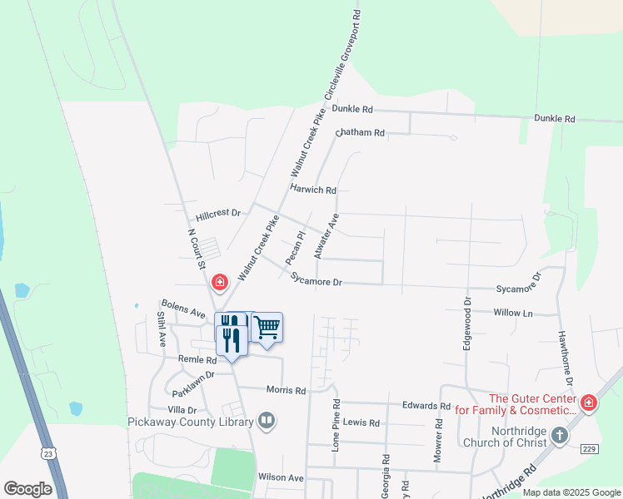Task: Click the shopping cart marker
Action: (267, 327)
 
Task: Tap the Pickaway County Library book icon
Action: (267, 421)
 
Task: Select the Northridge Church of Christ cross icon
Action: (559, 435)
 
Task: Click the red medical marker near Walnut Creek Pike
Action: (219, 283)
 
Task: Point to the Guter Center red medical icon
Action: (588, 403)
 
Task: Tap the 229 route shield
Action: (589, 448)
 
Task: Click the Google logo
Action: (27, 488)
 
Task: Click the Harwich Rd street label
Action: (312, 190)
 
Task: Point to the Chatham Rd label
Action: (360, 133)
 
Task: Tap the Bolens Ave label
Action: (183, 309)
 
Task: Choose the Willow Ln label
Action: (512, 314)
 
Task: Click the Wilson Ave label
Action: (281, 478)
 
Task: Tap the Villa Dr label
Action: (182, 410)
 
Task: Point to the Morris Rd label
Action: (286, 389)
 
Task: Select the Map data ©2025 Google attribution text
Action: (569, 492)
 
